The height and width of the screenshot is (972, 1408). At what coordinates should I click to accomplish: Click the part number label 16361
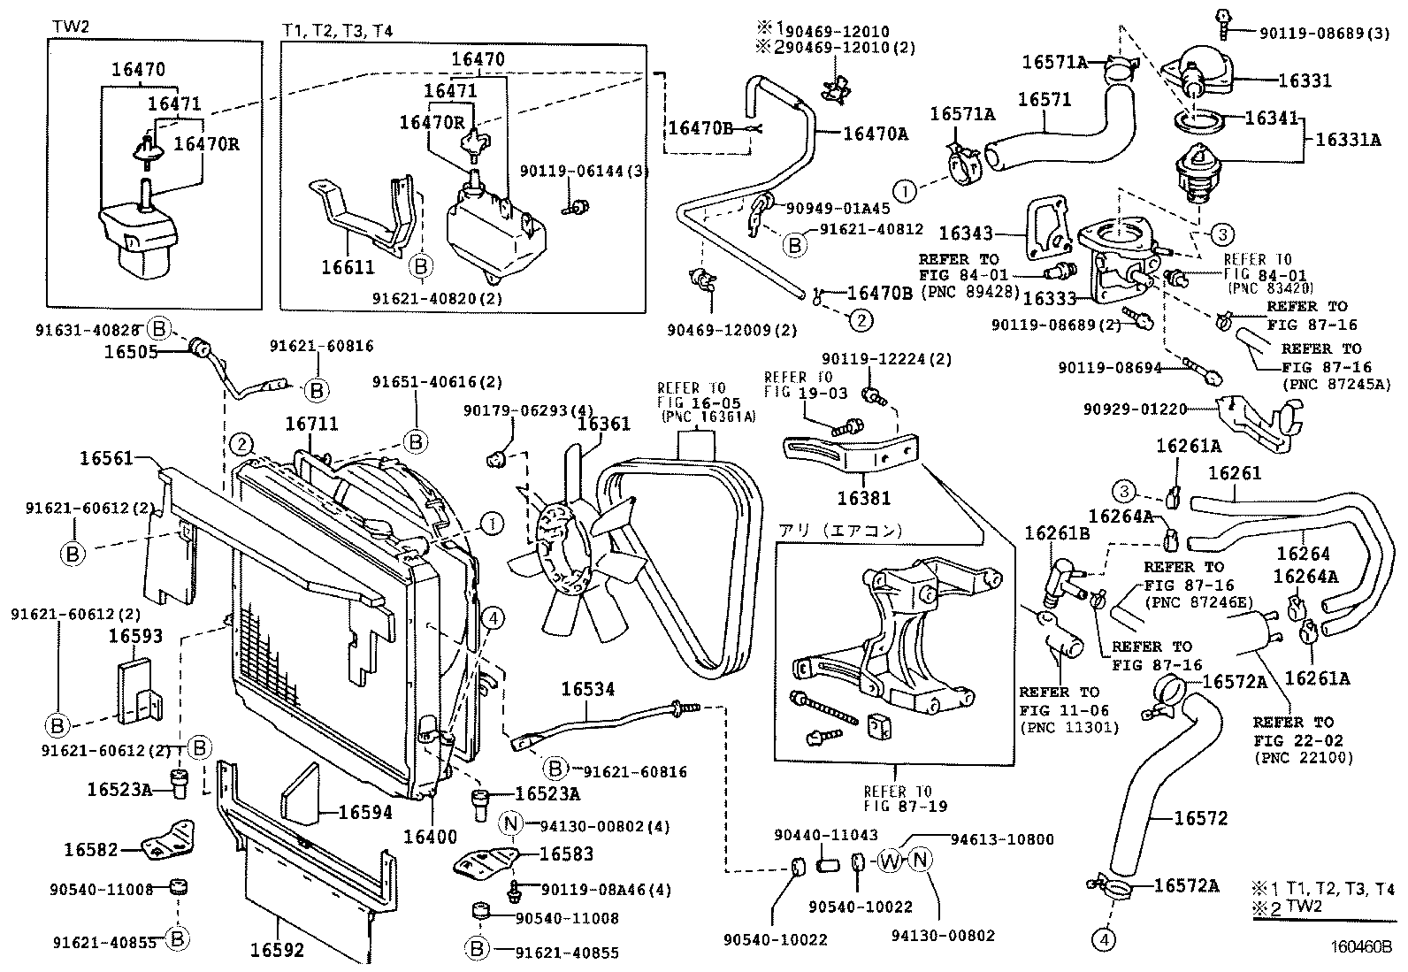604,423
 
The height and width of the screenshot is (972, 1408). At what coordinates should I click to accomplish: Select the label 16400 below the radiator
431,835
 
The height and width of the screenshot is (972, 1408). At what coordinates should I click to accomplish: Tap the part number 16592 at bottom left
277,951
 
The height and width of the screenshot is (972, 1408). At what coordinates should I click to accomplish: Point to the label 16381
864,498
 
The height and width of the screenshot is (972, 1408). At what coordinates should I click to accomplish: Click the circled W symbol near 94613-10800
889,861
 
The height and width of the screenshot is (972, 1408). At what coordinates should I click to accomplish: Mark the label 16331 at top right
1305,80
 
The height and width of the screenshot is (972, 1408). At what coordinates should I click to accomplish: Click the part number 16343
967,233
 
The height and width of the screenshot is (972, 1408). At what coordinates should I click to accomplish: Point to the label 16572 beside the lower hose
1201,819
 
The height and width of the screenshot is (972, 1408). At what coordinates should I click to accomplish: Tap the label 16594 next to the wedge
365,812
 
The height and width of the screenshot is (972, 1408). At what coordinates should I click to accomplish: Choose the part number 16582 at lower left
90,850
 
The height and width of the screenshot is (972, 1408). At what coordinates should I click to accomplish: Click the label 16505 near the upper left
131,352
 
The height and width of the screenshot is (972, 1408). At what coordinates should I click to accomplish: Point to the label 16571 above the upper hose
1045,100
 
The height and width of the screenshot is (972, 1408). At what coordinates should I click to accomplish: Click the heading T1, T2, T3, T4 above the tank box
338,30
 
